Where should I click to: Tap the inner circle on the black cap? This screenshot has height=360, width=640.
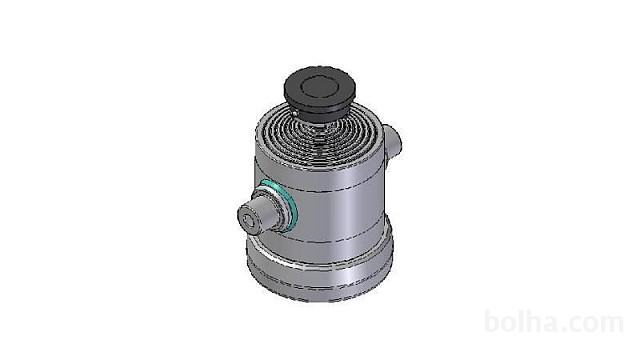(320, 86)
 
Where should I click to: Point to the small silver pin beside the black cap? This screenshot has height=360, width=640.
(294, 113)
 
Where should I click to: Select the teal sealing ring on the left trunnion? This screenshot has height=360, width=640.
(280, 204)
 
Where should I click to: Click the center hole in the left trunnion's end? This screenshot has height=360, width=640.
(246, 220)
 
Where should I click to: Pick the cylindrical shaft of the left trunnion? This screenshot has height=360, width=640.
(264, 213)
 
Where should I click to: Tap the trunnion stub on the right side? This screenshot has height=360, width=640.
(392, 143)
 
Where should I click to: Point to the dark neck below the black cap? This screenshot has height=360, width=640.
(320, 118)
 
